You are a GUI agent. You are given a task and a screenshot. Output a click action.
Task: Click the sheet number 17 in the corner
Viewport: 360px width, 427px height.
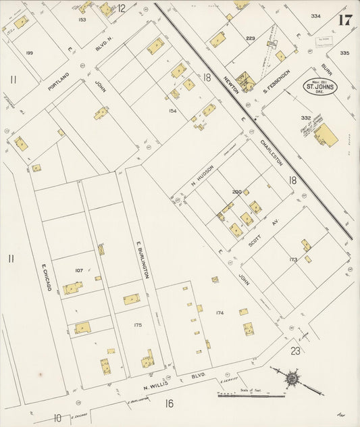point(344,19)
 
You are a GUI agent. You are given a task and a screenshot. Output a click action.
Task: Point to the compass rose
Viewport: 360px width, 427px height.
point(291,379)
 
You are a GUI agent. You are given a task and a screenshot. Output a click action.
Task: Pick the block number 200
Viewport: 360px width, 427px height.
point(236,192)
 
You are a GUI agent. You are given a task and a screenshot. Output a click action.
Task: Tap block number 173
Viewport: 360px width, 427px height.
point(292,259)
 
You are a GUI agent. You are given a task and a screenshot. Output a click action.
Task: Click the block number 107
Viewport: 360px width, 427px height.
point(79,270)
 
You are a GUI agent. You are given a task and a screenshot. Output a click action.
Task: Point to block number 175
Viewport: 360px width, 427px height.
point(138,325)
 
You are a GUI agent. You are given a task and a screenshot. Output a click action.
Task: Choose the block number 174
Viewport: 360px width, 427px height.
point(220,312)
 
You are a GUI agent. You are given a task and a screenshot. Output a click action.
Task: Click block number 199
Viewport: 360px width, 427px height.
point(29,52)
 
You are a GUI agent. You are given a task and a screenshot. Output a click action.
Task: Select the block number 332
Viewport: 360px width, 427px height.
point(306,118)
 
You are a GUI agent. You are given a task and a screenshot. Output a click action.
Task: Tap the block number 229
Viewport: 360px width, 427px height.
point(251,39)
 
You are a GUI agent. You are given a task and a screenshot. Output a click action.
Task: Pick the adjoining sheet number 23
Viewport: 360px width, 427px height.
point(295,350)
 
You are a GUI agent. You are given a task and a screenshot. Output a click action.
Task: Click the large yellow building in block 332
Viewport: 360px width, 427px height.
point(326,134)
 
